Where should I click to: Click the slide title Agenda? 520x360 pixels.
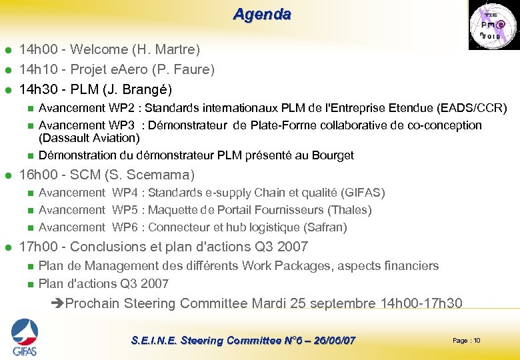click(x=261, y=14)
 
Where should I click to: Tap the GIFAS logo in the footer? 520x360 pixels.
click(x=24, y=337)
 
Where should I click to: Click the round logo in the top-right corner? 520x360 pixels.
click(x=492, y=25)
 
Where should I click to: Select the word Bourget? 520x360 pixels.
click(x=331, y=155)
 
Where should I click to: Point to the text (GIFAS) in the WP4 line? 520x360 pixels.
click(x=363, y=193)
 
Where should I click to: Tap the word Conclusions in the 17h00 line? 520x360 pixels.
click(x=107, y=247)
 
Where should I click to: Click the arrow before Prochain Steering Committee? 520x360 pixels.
click(x=57, y=304)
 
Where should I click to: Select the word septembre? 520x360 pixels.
click(x=342, y=304)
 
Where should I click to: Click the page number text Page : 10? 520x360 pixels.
click(x=466, y=341)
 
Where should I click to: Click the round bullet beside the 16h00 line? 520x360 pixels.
click(x=7, y=176)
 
